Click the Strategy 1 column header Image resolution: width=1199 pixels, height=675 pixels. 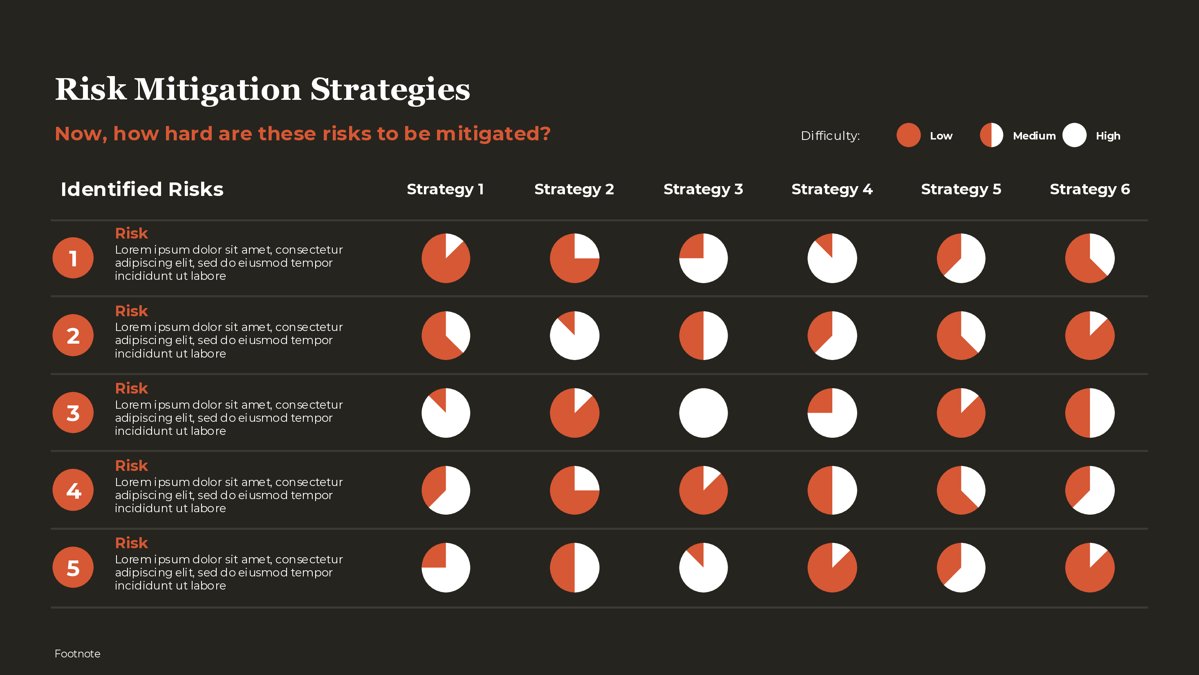445,189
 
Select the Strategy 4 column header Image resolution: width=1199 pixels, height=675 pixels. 832,189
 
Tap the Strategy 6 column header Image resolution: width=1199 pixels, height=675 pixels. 1089,189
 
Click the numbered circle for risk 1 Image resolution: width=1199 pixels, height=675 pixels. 73,258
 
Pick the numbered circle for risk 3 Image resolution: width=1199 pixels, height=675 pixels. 73,413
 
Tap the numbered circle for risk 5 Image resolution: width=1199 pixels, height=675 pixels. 73,567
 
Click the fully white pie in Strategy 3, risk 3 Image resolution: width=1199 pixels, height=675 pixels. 703,413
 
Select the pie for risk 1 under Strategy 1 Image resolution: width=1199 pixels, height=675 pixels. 446,258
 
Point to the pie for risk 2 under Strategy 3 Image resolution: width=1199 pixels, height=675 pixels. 703,335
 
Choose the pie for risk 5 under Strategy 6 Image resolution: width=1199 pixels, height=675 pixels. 1089,567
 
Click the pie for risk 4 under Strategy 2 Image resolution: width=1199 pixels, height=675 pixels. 574,490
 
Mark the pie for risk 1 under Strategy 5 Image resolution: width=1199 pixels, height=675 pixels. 961,258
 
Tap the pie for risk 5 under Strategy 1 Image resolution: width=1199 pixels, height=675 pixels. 446,567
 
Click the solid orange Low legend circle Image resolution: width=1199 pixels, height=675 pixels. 908,135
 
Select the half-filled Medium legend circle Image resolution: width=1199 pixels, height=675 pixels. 991,135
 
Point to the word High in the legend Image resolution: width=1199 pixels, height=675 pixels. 1108,136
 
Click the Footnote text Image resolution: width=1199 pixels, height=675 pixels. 77,654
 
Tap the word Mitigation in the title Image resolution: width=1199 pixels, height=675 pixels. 217,90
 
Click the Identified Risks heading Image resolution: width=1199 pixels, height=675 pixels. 142,189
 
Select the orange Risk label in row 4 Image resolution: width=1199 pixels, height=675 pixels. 131,466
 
